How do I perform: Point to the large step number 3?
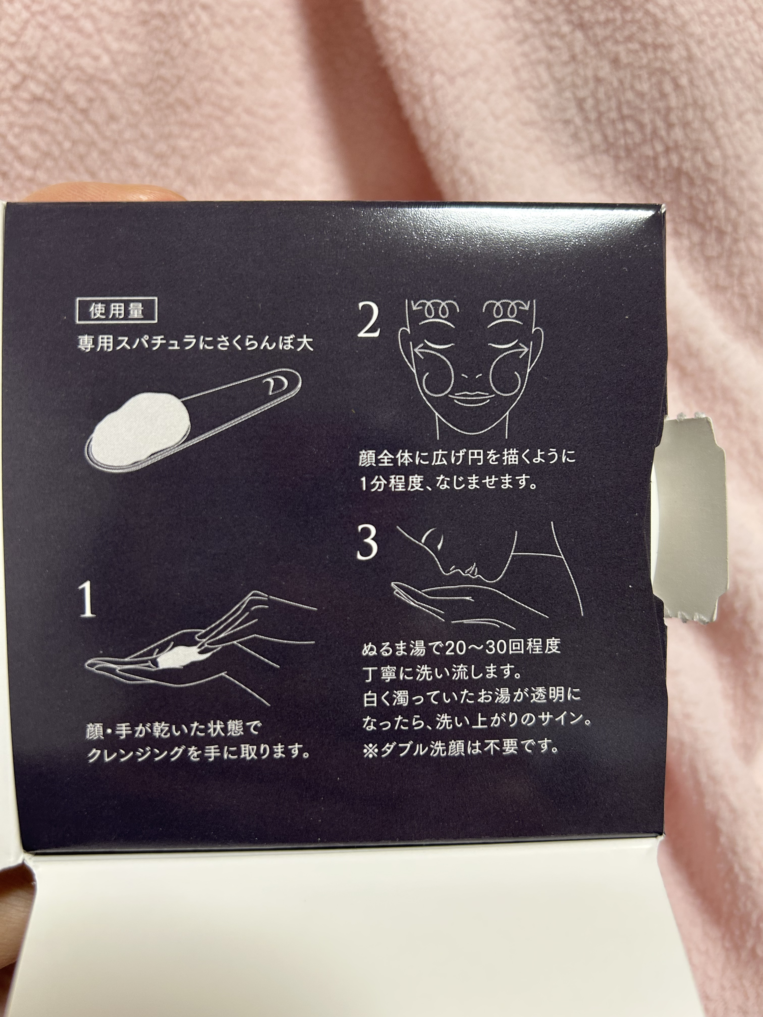point(367,543)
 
